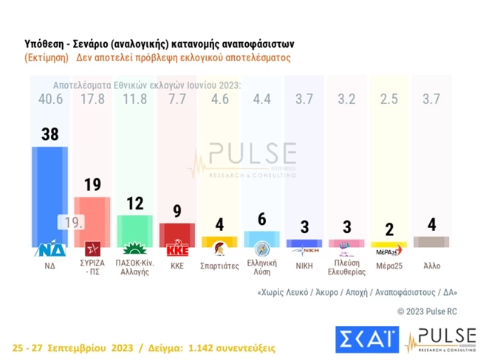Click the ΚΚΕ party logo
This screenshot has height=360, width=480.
[177, 249]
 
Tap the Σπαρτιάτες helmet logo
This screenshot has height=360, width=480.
[219, 249]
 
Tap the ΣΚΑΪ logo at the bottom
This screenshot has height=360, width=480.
[366, 339]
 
